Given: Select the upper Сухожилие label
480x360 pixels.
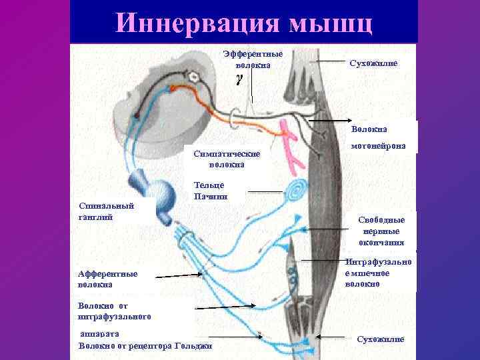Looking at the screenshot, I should coord(373,62).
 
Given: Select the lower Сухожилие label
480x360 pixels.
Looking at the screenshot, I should coord(381,339).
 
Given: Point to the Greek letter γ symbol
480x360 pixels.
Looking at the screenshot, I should coord(238,79).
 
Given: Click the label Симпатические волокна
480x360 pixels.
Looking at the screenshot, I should coord(227,159).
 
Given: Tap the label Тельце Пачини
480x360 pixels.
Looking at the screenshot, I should coord(211,191).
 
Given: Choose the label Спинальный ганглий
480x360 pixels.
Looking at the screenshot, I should coord(106,212).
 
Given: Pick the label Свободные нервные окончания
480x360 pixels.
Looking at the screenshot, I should coord(381,231).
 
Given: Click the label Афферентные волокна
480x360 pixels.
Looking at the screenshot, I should coord(107,279).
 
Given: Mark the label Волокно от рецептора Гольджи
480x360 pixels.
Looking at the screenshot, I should coord(145,345).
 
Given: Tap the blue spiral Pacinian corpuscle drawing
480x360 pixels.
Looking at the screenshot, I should coord(295,192).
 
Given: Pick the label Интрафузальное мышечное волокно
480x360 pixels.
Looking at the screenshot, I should coord(379,273).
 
